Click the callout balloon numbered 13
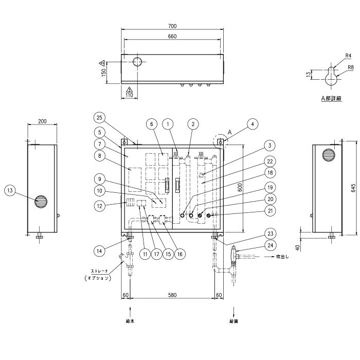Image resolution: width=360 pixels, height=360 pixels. coord(10,190)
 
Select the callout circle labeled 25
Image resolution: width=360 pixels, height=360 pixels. coord(99,118)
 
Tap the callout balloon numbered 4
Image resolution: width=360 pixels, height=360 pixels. coord(253,124)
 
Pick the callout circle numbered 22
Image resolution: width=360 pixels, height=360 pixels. coord(270,161)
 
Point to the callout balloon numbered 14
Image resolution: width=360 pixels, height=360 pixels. coord(99,251)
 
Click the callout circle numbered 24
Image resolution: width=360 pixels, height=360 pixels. coord(270,245)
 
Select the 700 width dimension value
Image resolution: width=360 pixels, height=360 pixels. coord(172,26)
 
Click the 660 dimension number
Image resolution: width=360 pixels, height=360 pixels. coord(172,37)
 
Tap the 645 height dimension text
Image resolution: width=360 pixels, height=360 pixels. coord(354,187)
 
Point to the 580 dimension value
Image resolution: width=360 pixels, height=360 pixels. coord(172,295)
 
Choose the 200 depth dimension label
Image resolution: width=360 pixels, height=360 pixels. coord(42,121)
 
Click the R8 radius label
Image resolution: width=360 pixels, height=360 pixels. coord(351,67)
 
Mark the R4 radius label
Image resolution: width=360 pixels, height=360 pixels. coord(348,56)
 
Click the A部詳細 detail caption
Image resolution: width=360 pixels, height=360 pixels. coord(331,99)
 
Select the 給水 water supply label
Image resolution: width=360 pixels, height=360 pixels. coord(130,321)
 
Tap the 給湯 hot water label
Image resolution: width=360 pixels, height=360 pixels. coord(233,321)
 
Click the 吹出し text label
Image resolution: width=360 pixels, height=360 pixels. coord(282,257)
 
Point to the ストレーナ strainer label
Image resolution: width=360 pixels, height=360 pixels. coord(100,271)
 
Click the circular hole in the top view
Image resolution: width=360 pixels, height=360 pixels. coord(137,62)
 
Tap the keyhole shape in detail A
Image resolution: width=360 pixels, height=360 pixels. coord(331,77)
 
